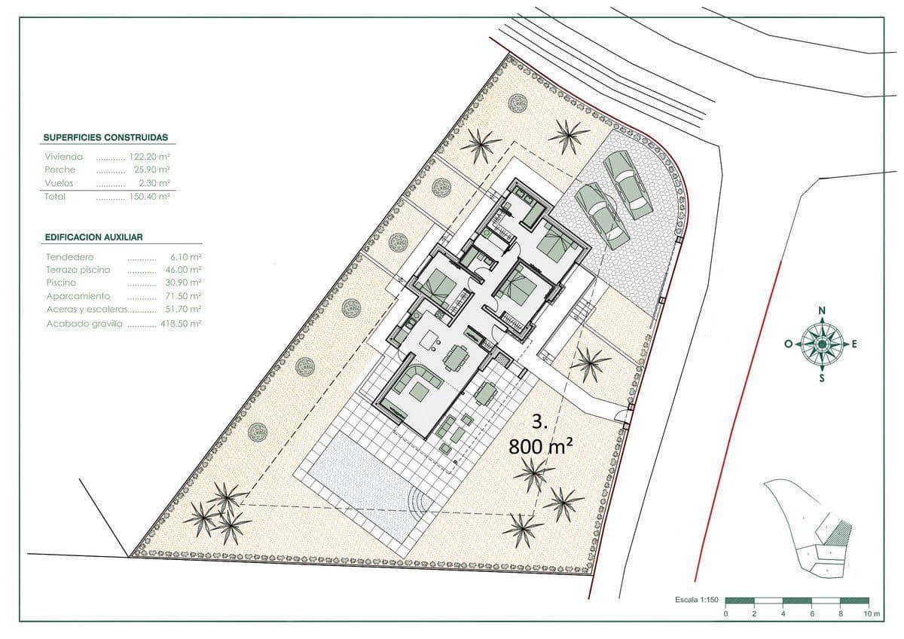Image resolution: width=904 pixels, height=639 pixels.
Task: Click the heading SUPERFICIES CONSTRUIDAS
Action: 105,138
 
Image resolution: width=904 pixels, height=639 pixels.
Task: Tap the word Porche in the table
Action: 60,170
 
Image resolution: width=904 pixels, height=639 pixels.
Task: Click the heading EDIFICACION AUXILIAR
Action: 94,237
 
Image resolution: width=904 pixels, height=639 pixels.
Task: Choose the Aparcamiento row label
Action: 78,296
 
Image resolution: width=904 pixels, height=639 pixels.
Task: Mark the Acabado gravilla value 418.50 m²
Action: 181,323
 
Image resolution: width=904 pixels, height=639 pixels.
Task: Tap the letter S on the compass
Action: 821,378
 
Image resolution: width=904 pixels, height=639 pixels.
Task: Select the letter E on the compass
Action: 854,344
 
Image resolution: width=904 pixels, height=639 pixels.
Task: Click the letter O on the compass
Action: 788,344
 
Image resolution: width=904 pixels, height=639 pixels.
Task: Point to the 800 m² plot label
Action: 540,446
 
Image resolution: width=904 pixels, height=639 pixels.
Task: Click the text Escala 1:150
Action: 698,601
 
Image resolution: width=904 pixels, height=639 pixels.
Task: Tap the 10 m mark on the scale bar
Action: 872,615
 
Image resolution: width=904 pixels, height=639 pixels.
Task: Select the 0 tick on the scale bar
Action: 725,615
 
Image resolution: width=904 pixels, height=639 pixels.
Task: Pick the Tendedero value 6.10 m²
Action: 186,257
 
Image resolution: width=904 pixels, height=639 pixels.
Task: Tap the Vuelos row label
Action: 59,183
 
